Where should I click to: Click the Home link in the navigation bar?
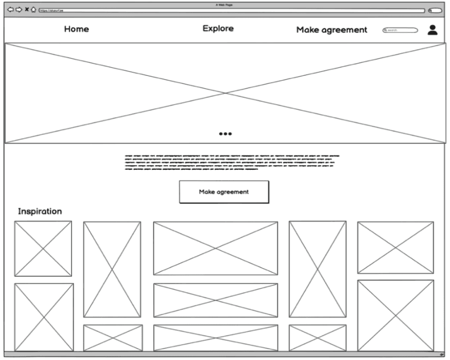tap(76, 29)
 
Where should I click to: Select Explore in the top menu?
tap(218, 29)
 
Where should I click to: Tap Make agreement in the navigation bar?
tap(332, 30)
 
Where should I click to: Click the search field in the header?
tap(401, 30)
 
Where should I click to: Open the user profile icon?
tap(433, 30)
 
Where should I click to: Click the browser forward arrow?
tap(18, 10)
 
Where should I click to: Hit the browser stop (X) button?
tap(27, 10)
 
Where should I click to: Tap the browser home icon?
tap(34, 10)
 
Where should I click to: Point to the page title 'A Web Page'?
tap(224, 4)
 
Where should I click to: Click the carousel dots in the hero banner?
tap(226, 134)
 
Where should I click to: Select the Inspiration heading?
tap(40, 211)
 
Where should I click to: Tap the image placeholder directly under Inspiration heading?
tap(43, 249)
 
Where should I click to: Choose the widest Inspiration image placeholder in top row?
tap(215, 248)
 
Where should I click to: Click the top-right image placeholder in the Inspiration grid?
tap(395, 248)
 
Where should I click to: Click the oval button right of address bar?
tap(435, 10)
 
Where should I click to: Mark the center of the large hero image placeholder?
tap(225, 93)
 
